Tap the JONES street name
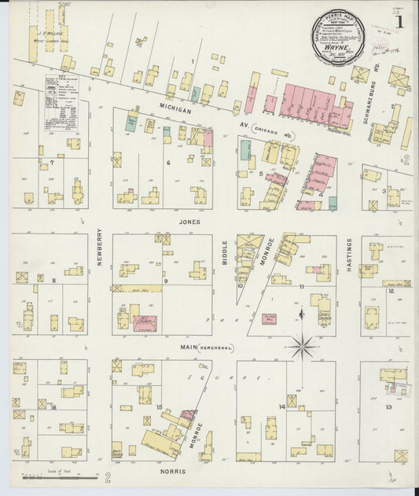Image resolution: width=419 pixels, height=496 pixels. [189, 222]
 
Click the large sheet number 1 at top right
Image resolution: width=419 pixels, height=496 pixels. [403, 23]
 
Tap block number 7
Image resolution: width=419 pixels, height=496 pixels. [52, 163]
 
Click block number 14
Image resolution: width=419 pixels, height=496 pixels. [281, 406]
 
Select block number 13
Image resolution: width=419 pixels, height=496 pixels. [388, 406]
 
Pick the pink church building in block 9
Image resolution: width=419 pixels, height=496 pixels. [144, 322]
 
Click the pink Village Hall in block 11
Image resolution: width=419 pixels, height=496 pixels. [269, 319]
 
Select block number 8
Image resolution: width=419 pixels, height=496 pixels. [53, 281]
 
